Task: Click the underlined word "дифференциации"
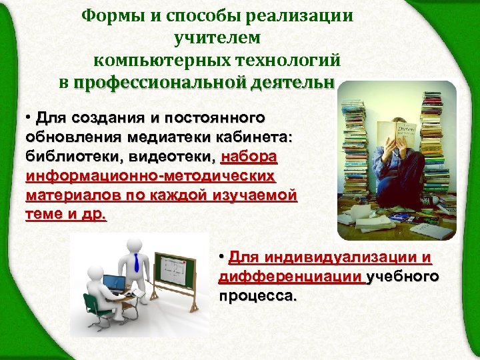(x=291, y=277)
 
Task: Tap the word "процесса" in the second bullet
(x=256, y=296)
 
